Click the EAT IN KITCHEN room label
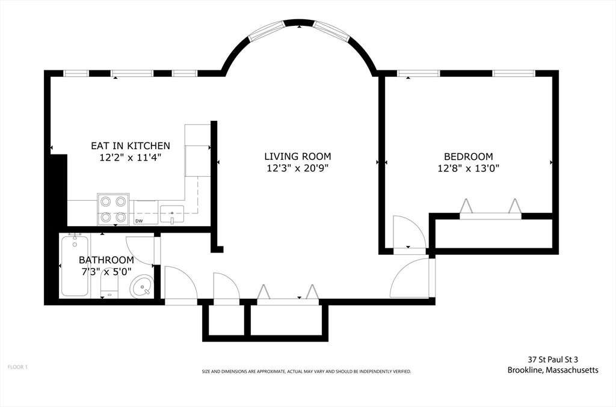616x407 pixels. [x=131, y=145]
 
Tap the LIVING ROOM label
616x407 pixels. [x=297, y=156]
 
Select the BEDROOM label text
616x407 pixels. [x=468, y=156]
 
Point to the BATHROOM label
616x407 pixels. [x=106, y=260]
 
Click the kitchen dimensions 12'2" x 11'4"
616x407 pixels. [x=131, y=158]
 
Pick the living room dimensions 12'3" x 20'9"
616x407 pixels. [x=297, y=168]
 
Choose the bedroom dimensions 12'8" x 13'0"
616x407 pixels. [x=468, y=168]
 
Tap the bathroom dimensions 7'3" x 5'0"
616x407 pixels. [x=106, y=272]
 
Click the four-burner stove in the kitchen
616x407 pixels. [x=113, y=209]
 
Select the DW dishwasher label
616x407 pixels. [x=139, y=221]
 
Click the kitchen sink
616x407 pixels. [x=172, y=214]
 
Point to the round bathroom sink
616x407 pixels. [x=141, y=286]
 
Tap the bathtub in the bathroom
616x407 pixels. [x=75, y=266]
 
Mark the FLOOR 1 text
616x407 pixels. [x=17, y=367]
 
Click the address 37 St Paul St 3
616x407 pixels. [x=553, y=359]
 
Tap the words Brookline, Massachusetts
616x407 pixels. [x=553, y=370]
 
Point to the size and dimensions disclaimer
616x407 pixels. [x=306, y=372]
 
